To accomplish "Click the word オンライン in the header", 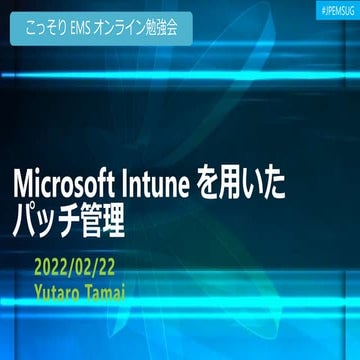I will point(126,28).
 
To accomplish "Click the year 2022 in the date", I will point(51,268).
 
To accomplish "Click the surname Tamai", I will point(111,291).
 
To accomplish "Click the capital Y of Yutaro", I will point(37,291).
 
